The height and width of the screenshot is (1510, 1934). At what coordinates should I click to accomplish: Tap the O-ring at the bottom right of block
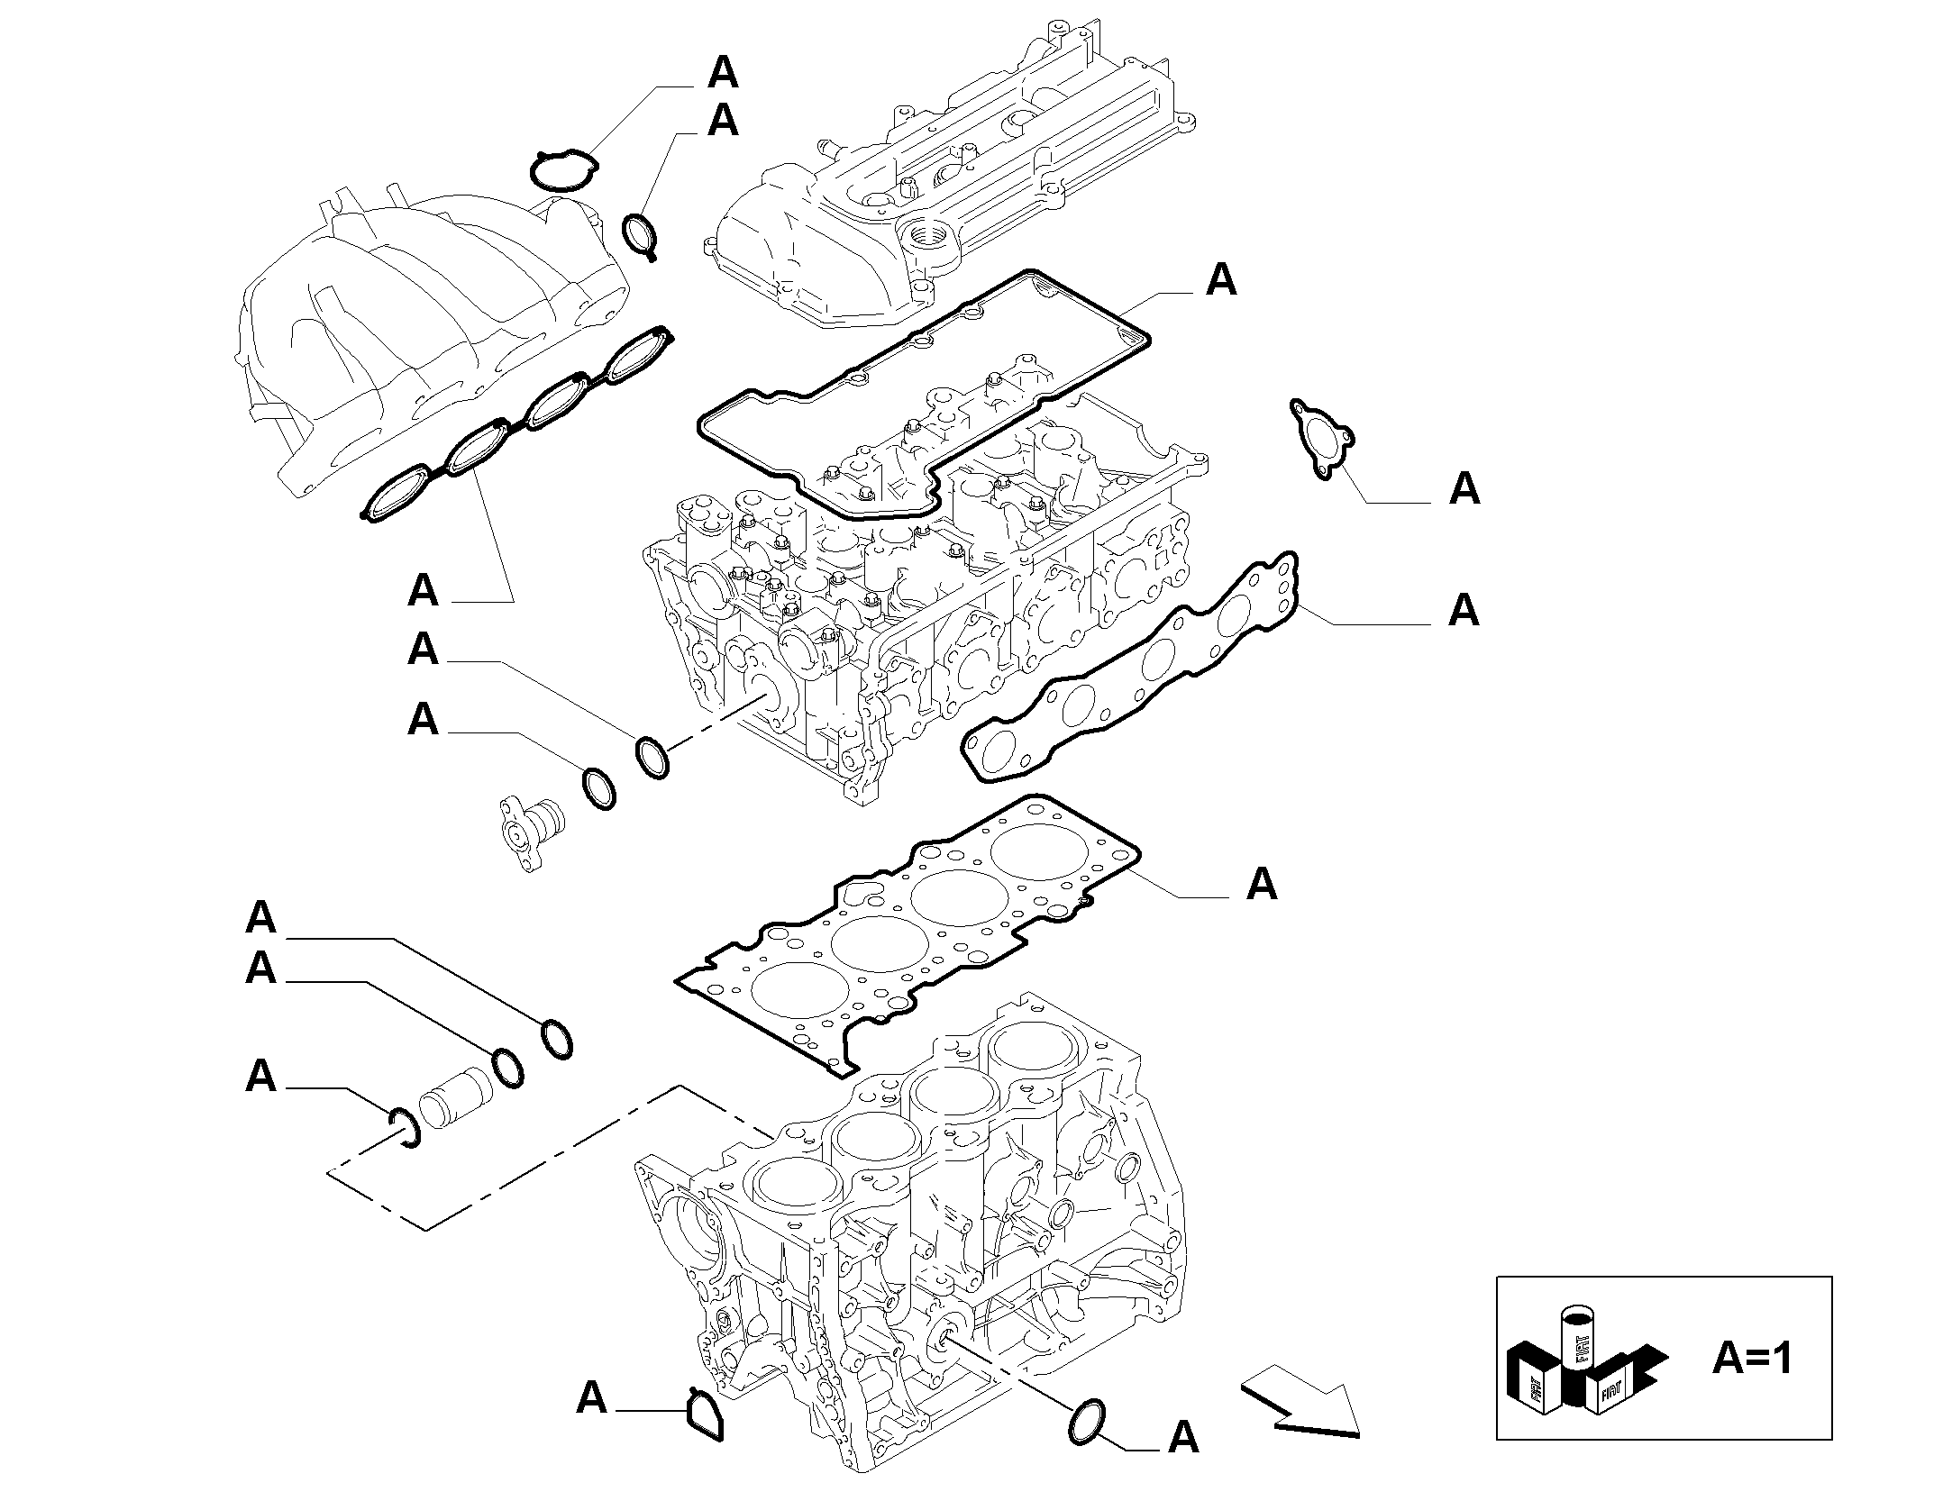(1087, 1449)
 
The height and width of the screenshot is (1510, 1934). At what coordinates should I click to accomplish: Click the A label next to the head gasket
(1262, 884)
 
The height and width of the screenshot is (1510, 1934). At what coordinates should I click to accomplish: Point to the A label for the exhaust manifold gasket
(1464, 610)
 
